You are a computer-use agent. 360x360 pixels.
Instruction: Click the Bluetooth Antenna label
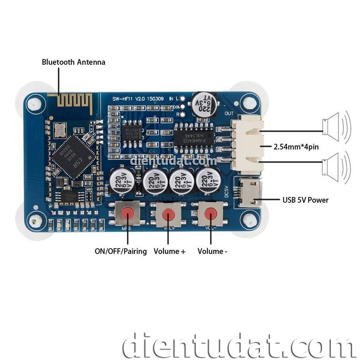[73, 62]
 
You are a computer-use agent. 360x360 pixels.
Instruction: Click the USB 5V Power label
[306, 200]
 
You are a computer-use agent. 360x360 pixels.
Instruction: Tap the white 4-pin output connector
[247, 144]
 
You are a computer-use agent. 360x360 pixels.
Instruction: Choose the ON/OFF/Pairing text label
[121, 251]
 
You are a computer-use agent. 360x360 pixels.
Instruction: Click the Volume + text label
[170, 251]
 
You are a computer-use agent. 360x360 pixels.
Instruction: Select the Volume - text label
[212, 251]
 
